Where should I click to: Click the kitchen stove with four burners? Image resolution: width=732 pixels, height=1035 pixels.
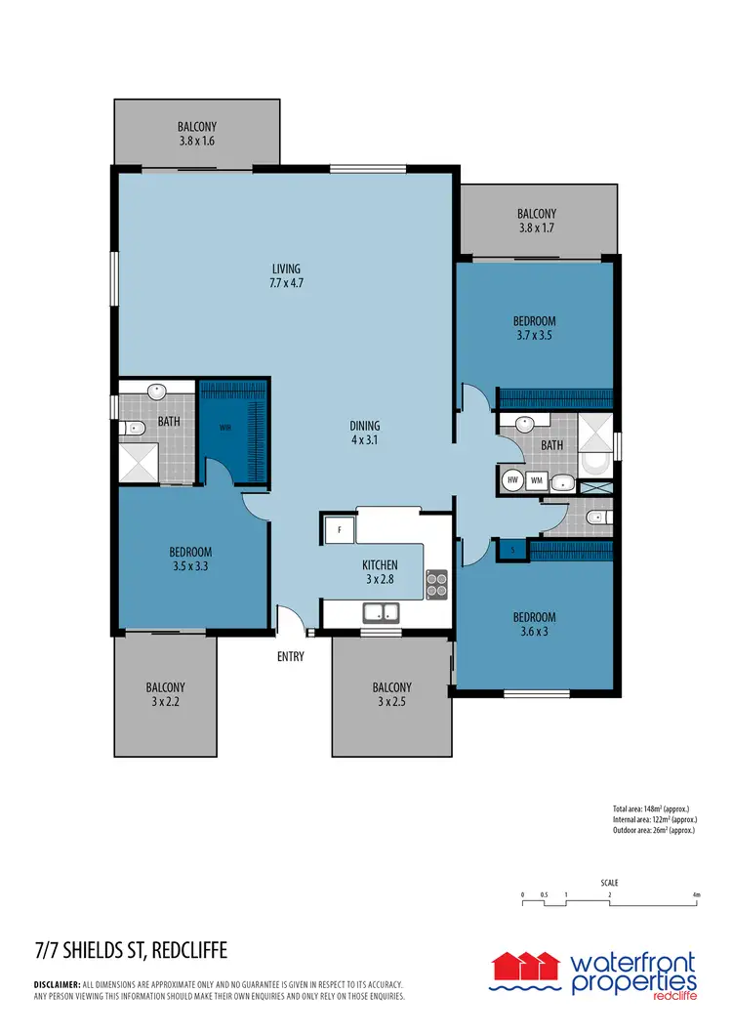[x=436, y=584]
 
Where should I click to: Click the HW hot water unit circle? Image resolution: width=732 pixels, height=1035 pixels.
[x=512, y=480]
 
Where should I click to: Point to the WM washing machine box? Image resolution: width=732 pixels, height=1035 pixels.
[x=537, y=480]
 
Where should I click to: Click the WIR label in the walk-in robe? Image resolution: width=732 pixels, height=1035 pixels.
[x=224, y=427]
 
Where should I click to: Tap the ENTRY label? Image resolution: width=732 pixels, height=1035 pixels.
[x=291, y=657]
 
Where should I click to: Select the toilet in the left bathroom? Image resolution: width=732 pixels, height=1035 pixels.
[x=133, y=428]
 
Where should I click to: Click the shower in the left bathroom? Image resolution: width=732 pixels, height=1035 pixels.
[x=138, y=462]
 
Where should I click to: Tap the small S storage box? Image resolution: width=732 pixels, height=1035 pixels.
[x=512, y=551]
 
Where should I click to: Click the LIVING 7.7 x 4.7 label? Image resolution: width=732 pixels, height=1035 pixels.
[x=287, y=276]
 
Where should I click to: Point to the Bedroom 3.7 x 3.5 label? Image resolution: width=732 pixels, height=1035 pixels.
[x=535, y=328]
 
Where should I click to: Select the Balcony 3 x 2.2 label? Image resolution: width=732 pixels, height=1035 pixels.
[x=166, y=694]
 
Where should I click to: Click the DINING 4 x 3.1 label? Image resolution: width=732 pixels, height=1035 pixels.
[x=365, y=434]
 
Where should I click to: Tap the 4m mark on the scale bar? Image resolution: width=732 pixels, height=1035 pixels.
[x=696, y=894]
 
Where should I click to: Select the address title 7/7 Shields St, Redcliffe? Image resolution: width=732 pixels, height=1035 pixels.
[x=131, y=950]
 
